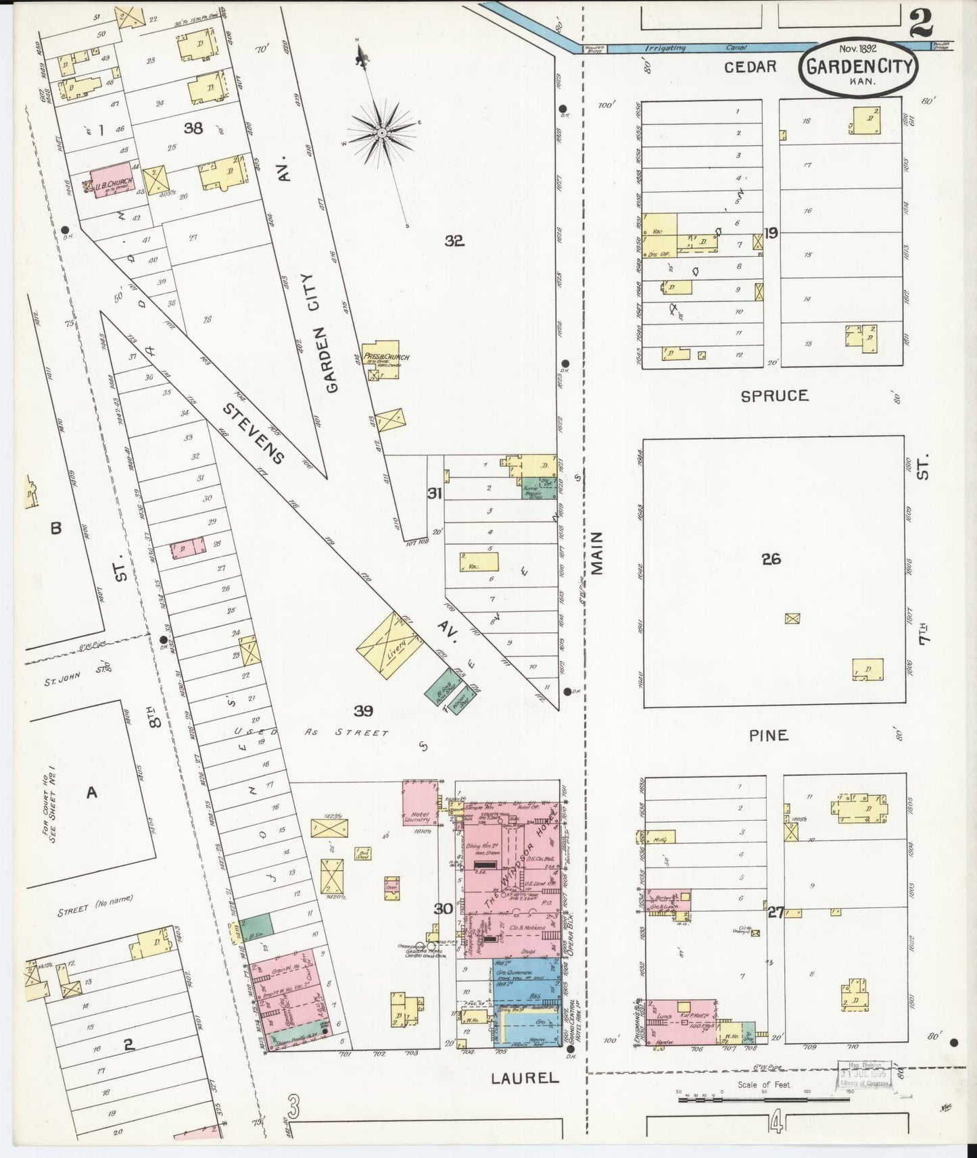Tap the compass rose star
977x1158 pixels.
point(381,132)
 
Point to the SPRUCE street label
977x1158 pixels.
point(774,396)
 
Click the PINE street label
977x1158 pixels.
point(769,735)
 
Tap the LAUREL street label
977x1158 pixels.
point(525,1078)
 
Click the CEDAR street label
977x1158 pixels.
point(750,66)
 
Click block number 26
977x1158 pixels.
point(771,559)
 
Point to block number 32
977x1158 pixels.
point(454,241)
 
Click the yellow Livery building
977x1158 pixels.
point(389,646)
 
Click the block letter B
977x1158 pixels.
point(55,528)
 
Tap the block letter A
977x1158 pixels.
point(91,792)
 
